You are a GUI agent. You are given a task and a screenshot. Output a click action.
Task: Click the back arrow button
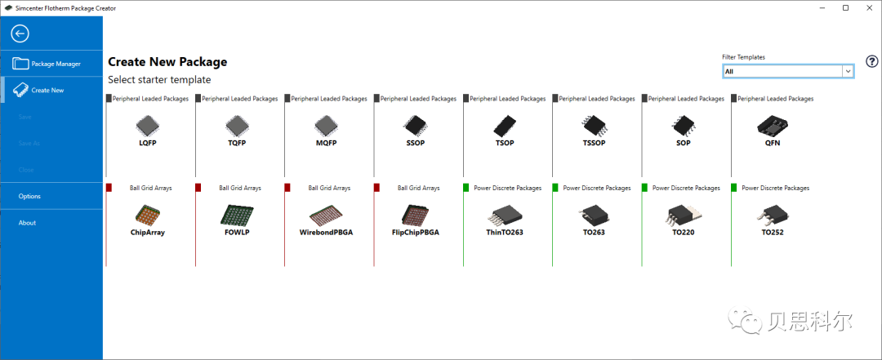coord(20,33)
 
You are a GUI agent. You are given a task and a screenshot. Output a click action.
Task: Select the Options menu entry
coord(29,196)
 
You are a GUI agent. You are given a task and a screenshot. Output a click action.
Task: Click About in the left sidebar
coord(27,223)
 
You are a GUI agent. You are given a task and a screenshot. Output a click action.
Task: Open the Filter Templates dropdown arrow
coord(849,72)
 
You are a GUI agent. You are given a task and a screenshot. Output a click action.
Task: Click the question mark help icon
coord(872,62)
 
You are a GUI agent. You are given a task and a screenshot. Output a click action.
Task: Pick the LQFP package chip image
coord(147,125)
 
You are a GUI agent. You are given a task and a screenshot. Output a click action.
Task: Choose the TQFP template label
coord(236,143)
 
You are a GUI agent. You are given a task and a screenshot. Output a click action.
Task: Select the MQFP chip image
coord(325,125)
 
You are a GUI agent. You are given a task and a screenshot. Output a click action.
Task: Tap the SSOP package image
coord(415,125)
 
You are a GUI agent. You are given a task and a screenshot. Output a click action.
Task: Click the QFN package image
coord(772,125)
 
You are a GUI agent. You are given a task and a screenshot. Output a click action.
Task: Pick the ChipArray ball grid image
coord(147,215)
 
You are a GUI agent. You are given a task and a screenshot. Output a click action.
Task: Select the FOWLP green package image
coord(236,215)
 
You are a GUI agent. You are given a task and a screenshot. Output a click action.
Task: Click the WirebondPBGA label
coord(325,233)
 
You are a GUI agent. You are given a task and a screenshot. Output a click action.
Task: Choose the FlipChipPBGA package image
coord(415,215)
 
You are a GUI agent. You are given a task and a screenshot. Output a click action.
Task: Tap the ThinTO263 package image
coord(504,215)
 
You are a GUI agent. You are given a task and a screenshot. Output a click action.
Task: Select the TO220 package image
coord(683,215)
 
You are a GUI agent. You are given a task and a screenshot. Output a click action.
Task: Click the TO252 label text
coord(772,233)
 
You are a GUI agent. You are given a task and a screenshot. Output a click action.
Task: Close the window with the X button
coord(868,8)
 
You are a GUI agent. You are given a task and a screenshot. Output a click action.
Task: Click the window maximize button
coord(845,8)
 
